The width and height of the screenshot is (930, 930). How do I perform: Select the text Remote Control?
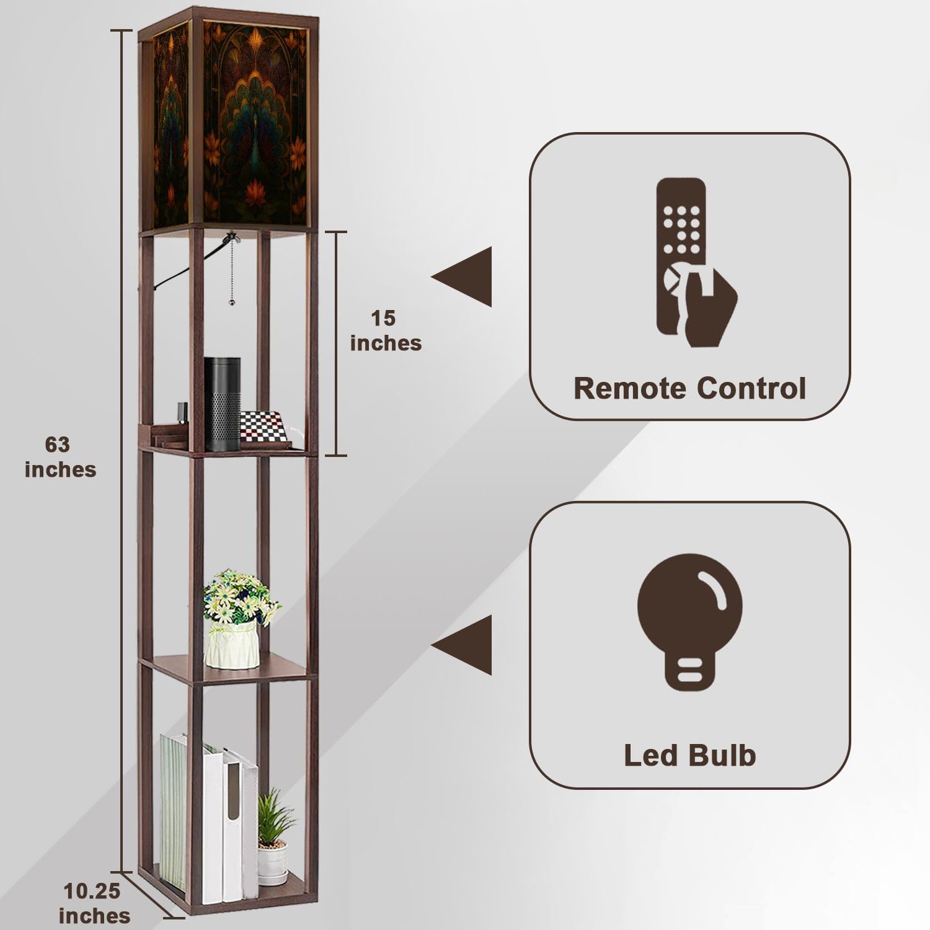pos(689,389)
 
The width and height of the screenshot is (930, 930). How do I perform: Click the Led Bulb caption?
pos(689,755)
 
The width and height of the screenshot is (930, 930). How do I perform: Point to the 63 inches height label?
pos(60,457)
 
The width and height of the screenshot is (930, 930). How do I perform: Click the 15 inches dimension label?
pos(386,330)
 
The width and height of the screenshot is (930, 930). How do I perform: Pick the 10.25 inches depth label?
pos(94,903)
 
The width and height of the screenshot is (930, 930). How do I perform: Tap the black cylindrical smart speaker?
pos(223,404)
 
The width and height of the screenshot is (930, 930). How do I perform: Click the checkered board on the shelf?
pos(264,427)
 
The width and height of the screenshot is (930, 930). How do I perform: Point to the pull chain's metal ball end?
pos(232,303)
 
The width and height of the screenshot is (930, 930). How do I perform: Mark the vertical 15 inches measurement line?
pos(336,343)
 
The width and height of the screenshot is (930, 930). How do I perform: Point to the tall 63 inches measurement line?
pos(123,451)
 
